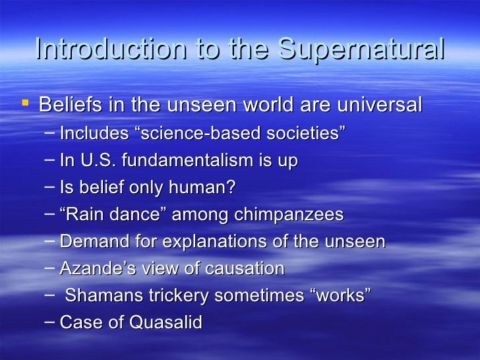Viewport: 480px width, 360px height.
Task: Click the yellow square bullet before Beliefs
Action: point(25,103)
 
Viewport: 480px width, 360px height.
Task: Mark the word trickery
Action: point(168,295)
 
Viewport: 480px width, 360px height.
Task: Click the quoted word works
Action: point(340,295)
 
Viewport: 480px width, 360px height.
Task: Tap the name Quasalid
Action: point(169,322)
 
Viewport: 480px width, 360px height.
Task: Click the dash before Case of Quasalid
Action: point(51,322)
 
